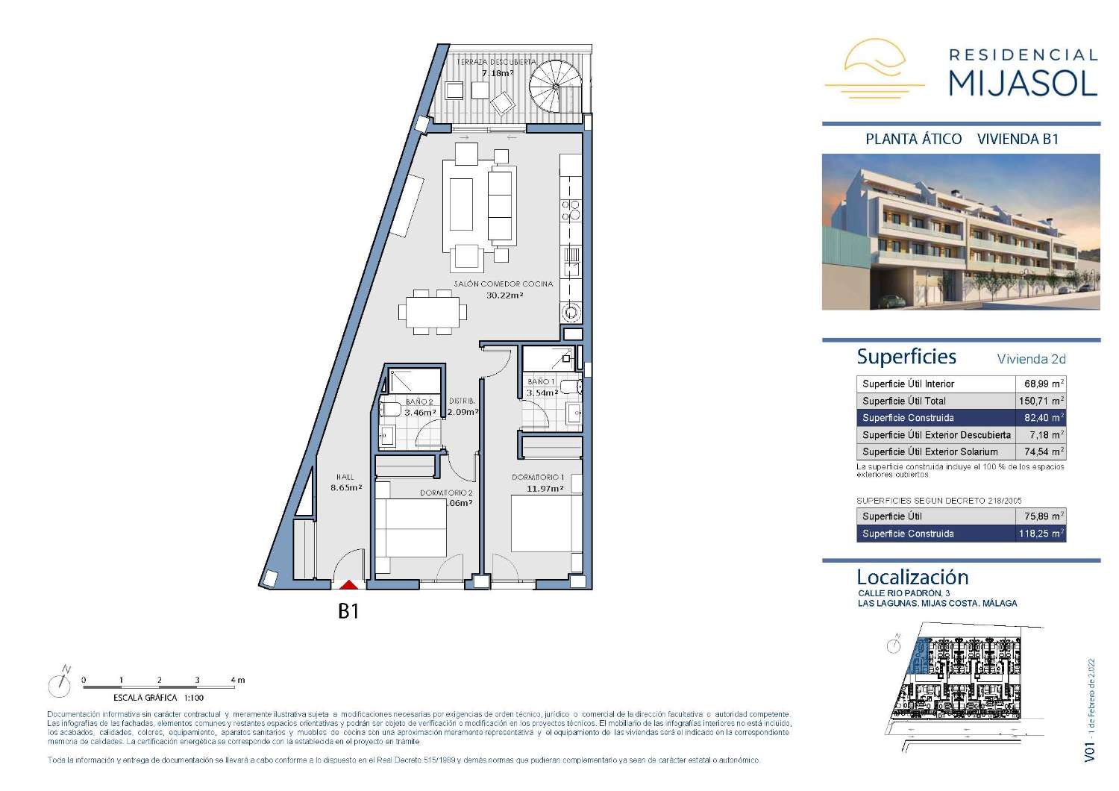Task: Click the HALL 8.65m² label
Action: point(345,482)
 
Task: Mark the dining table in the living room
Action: point(433,310)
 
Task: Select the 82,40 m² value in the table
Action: point(1043,418)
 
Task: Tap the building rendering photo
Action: point(961,232)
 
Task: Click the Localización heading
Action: point(912,577)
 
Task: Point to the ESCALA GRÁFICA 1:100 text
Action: point(158,698)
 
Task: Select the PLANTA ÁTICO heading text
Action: point(913,139)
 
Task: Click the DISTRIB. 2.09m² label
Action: point(463,407)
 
